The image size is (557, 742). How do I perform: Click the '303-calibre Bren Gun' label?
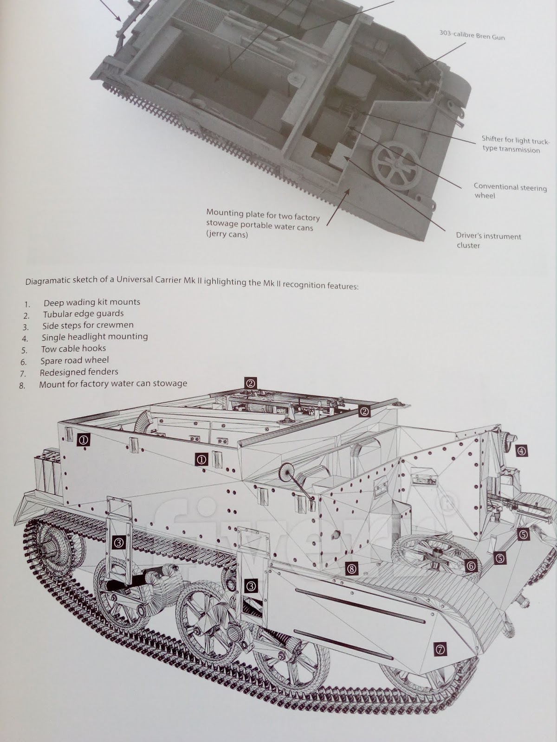click(x=472, y=35)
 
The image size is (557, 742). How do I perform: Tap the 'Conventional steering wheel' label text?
click(x=510, y=191)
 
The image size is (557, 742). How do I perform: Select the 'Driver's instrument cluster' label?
click(x=488, y=240)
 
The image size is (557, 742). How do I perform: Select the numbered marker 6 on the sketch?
click(x=471, y=566)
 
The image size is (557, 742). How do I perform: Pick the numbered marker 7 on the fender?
click(x=440, y=650)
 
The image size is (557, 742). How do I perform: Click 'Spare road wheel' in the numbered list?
click(x=74, y=360)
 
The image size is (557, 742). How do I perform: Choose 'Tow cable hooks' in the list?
click(x=73, y=349)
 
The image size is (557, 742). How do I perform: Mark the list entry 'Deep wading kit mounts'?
click(x=91, y=302)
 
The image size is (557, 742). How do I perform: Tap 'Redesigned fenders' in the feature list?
click(x=79, y=372)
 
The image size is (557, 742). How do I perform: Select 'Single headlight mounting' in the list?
click(x=95, y=337)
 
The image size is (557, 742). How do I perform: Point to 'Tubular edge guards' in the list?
click(x=84, y=314)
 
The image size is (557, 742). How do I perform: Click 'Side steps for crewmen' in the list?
click(x=88, y=326)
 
